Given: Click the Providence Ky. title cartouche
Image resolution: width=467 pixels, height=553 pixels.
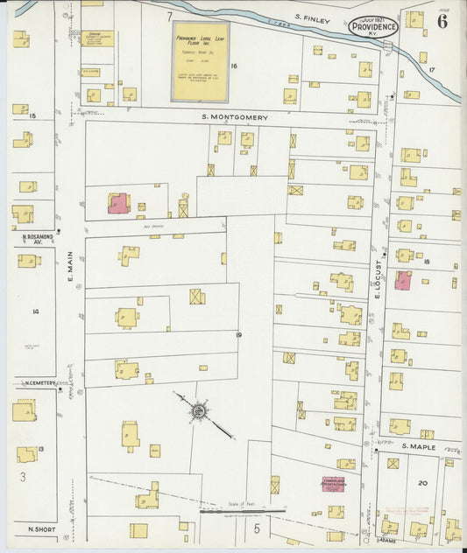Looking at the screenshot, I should (x=373, y=26).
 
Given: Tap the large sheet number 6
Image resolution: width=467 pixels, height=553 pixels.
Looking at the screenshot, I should (x=442, y=22).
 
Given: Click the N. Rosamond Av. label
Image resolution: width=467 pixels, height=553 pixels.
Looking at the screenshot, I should (x=32, y=239).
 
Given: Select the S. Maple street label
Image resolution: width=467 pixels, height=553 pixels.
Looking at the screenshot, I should (x=418, y=447).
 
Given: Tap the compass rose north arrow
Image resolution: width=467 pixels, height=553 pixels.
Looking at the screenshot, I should (x=200, y=409).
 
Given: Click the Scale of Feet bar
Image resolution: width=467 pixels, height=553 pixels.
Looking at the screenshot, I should (x=243, y=510).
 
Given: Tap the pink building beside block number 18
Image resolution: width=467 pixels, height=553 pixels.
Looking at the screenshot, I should (x=403, y=281).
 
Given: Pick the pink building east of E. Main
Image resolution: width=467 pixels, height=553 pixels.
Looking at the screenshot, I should (x=117, y=203).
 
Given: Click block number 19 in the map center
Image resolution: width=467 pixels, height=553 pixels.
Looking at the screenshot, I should (x=237, y=333).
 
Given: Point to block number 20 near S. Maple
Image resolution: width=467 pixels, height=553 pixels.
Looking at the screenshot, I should (x=422, y=482).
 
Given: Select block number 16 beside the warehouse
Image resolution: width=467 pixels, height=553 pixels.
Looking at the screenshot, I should (x=234, y=66).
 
